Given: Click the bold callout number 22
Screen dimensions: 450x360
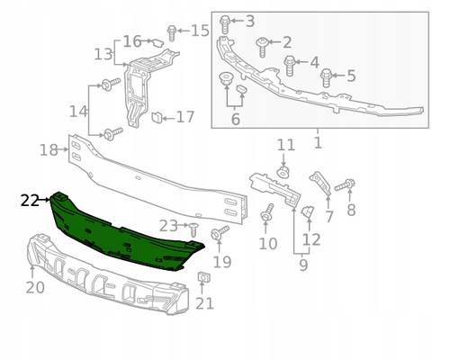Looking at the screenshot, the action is (x=30, y=201).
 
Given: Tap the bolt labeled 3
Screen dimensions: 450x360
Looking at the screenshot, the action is (x=225, y=24).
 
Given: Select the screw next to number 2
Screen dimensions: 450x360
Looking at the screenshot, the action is (x=262, y=47).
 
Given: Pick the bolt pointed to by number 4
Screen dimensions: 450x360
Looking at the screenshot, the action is (x=290, y=66).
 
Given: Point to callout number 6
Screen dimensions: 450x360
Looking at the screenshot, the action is (x=236, y=119).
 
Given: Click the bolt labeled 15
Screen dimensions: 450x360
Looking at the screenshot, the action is (x=172, y=33).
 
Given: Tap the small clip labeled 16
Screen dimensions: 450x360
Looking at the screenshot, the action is (x=157, y=43).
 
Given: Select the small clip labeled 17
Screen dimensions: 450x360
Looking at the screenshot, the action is (x=157, y=117).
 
